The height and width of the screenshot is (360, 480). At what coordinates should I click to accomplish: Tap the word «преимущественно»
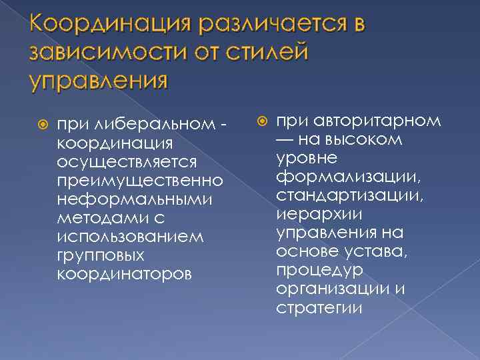pos(140,181)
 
